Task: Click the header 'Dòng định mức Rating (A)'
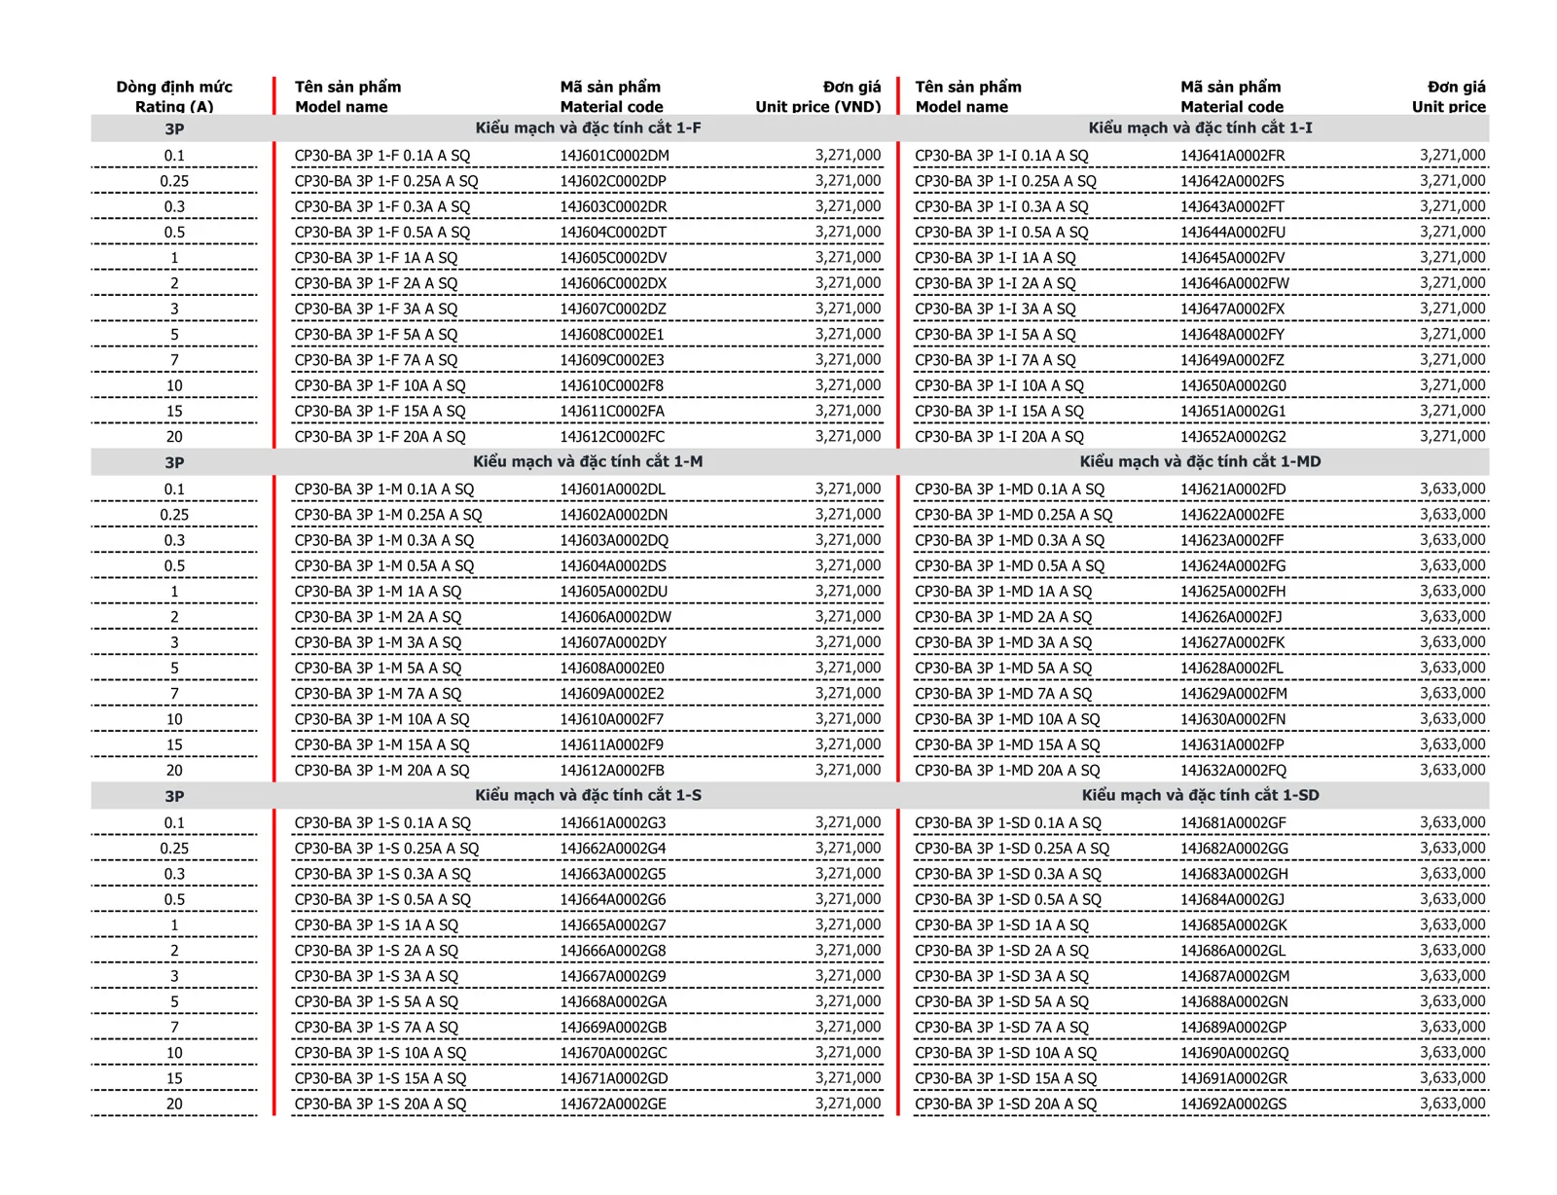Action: point(174,96)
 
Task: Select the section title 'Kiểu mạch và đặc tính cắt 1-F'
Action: point(588,128)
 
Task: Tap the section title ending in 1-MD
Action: point(1200,462)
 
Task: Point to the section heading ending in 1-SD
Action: point(1200,796)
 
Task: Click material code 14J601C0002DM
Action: point(614,156)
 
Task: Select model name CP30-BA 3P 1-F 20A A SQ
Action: point(380,437)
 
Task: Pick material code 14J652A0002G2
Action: point(1233,437)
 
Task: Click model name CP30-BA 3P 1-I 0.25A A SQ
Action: point(1005,181)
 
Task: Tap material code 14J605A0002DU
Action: point(613,592)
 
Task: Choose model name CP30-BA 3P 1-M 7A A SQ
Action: point(378,694)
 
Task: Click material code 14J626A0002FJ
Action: point(1231,617)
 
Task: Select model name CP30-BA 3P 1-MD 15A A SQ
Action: point(1007,745)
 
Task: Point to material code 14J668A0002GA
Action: point(613,1002)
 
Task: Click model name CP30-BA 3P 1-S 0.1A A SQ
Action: point(382,823)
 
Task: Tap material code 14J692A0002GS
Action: point(1233,1104)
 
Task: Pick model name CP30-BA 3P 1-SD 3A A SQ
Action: point(1001,977)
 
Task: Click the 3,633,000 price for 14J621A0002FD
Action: point(1452,489)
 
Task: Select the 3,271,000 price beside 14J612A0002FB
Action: point(848,771)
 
